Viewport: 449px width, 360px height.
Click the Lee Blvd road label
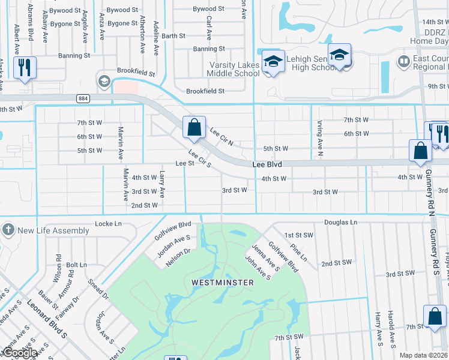tap(267, 164)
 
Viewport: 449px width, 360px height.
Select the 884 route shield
tap(82, 98)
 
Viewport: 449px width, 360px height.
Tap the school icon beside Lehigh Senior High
tap(339, 56)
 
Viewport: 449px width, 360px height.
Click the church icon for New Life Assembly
tap(8, 230)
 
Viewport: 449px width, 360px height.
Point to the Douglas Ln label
tap(340, 222)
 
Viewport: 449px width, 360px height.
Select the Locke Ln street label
tap(108, 224)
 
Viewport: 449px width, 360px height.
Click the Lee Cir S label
tap(200, 158)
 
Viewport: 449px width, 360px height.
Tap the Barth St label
tap(173, 36)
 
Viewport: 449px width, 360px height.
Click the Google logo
tap(19, 353)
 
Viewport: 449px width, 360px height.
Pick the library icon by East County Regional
tap(403, 61)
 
